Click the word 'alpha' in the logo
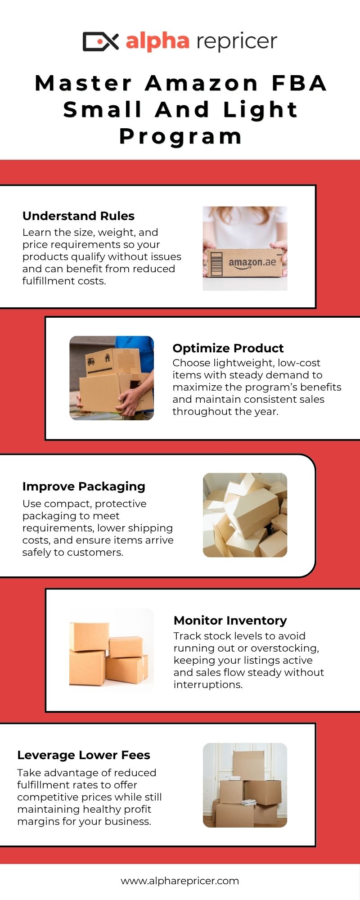(x=157, y=41)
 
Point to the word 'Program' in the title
(x=181, y=136)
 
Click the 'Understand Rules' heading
(x=78, y=216)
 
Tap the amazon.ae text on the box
(x=252, y=262)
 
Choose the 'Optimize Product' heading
(x=228, y=348)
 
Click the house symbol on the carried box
(x=107, y=358)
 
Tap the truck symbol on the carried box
(x=91, y=361)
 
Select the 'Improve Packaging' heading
(x=84, y=486)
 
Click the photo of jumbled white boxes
(x=245, y=515)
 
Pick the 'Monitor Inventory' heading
(x=230, y=621)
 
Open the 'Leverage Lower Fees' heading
(x=84, y=755)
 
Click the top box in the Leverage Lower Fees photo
(x=249, y=765)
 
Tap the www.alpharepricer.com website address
(x=180, y=881)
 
